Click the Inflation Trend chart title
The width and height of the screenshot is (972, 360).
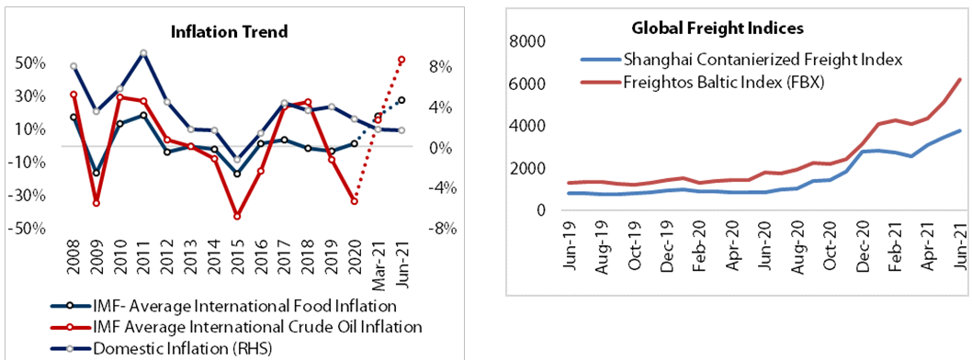pos(230,32)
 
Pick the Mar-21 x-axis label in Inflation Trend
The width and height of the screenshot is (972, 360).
pos(378,260)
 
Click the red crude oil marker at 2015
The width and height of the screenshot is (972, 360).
pos(237,217)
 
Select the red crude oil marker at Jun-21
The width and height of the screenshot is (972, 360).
pos(401,60)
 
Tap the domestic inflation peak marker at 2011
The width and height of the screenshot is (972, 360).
pos(143,53)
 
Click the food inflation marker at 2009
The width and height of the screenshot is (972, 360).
pos(96,173)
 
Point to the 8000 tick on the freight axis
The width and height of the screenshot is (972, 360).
pos(527,41)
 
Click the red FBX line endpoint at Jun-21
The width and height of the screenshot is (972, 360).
pos(959,80)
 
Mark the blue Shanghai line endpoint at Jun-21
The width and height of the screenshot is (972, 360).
pos(959,130)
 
